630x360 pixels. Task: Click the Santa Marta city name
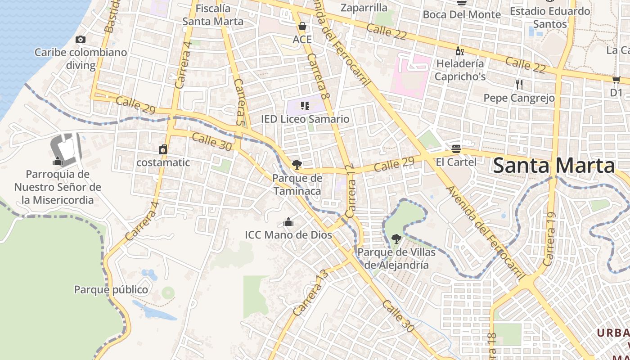pos(554,166)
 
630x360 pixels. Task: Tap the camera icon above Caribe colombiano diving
pos(81,40)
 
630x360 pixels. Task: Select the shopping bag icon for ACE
pos(302,27)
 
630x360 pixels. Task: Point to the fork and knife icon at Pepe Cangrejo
pos(519,84)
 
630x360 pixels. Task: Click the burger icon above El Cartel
pos(456,148)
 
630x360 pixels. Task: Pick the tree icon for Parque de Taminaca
pos(297,165)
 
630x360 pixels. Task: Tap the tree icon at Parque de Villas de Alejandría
pos(396,239)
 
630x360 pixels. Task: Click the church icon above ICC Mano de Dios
pos(288,222)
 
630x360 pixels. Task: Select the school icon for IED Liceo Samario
pos(305,106)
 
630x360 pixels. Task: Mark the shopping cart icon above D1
pos(616,80)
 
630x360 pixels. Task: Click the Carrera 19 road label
pos(550,246)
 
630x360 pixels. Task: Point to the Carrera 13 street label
pos(309,293)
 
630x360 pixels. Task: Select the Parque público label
pos(111,289)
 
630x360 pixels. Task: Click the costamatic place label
pos(163,162)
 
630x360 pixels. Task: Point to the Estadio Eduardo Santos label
pos(550,17)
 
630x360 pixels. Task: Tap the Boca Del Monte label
pos(462,14)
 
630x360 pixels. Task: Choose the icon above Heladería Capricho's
pos(459,51)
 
